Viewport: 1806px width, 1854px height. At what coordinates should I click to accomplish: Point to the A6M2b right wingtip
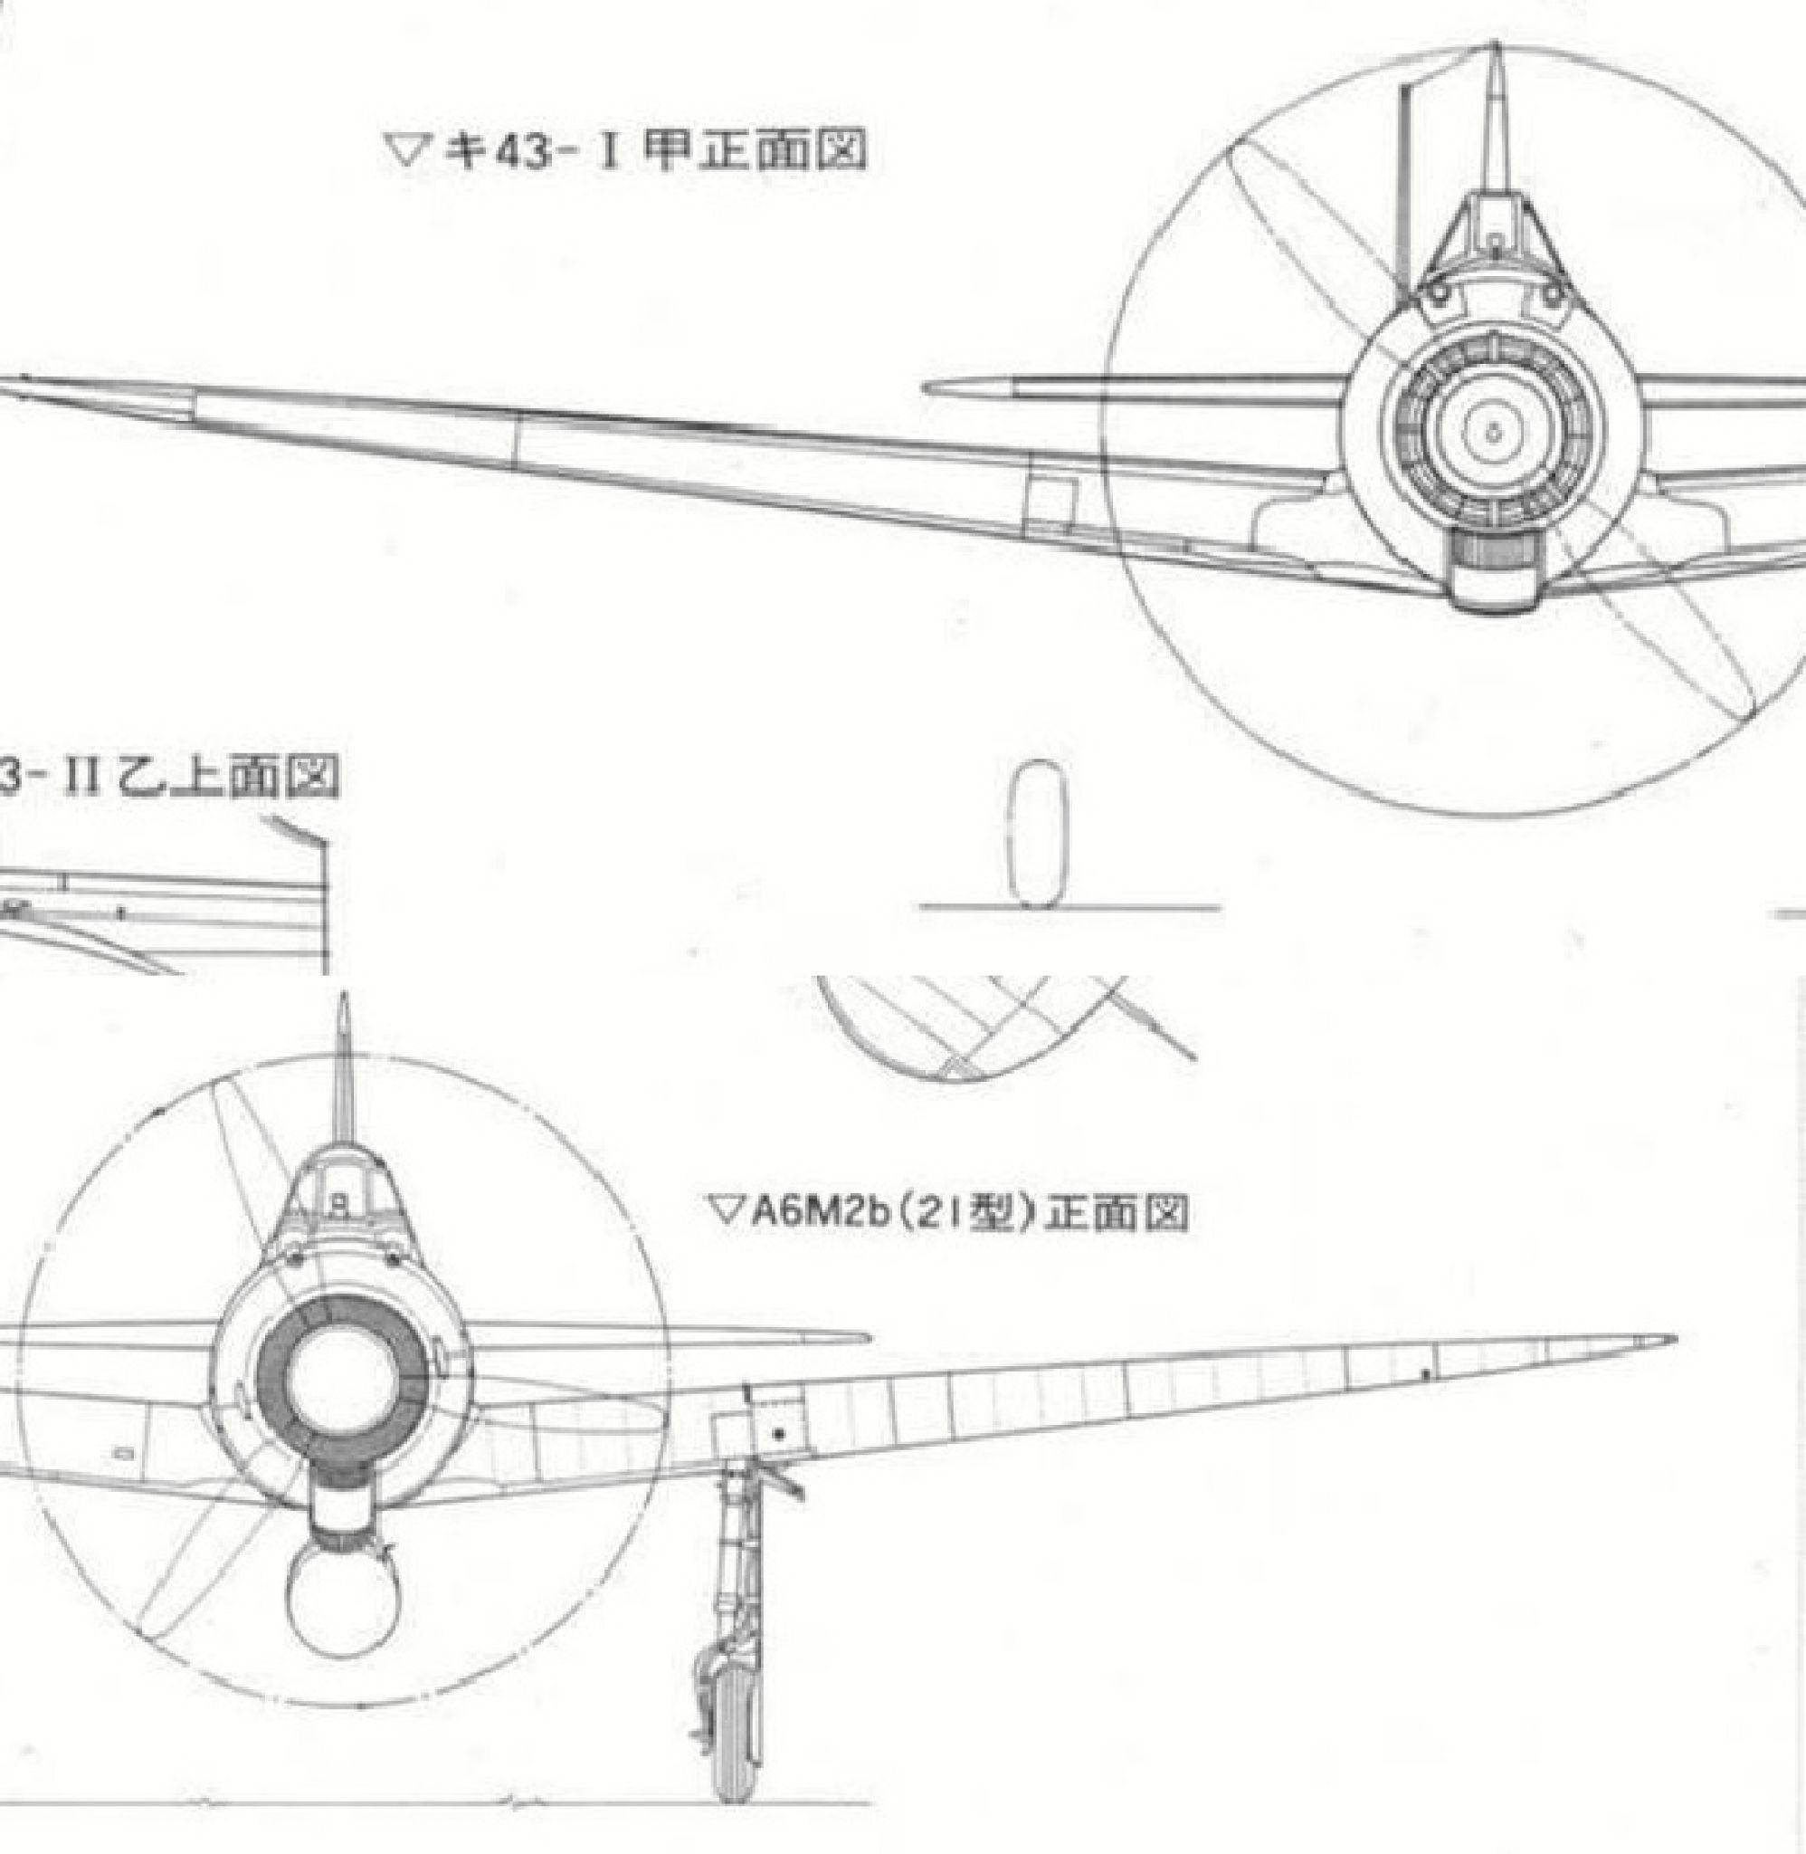(x=1669, y=1341)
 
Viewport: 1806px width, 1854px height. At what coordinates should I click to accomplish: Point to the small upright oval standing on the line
(x=1036, y=832)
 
